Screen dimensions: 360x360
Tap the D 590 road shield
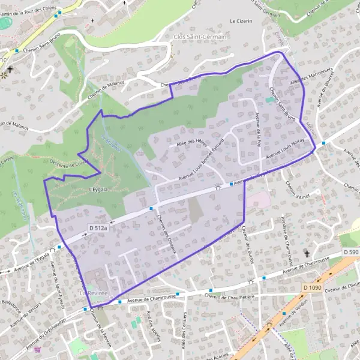pos(350,252)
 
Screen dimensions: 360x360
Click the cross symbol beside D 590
pos(307,254)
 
